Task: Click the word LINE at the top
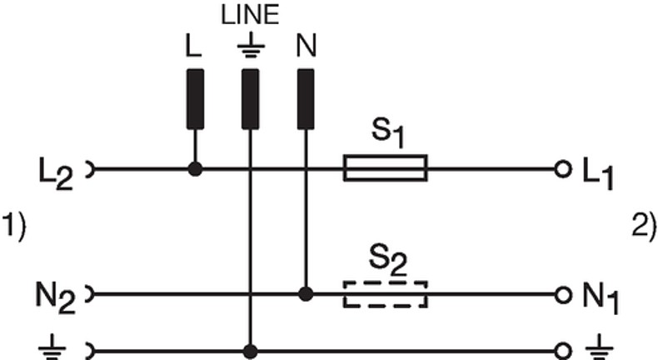pos(250,15)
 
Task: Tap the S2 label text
pos(388,262)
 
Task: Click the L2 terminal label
pos(56,173)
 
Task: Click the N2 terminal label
pos(55,298)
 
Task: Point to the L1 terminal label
pos(598,173)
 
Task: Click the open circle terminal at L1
pos(563,170)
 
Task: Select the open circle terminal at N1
pos(563,295)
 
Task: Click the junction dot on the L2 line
pos(195,169)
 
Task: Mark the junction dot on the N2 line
pos(306,294)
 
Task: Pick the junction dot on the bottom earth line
pos(251,351)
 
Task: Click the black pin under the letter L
pos(195,99)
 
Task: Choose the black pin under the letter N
pos(306,99)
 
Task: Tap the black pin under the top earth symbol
pos(251,99)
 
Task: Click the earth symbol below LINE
pos(251,44)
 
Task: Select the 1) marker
pos(14,227)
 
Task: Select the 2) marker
pos(644,227)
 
